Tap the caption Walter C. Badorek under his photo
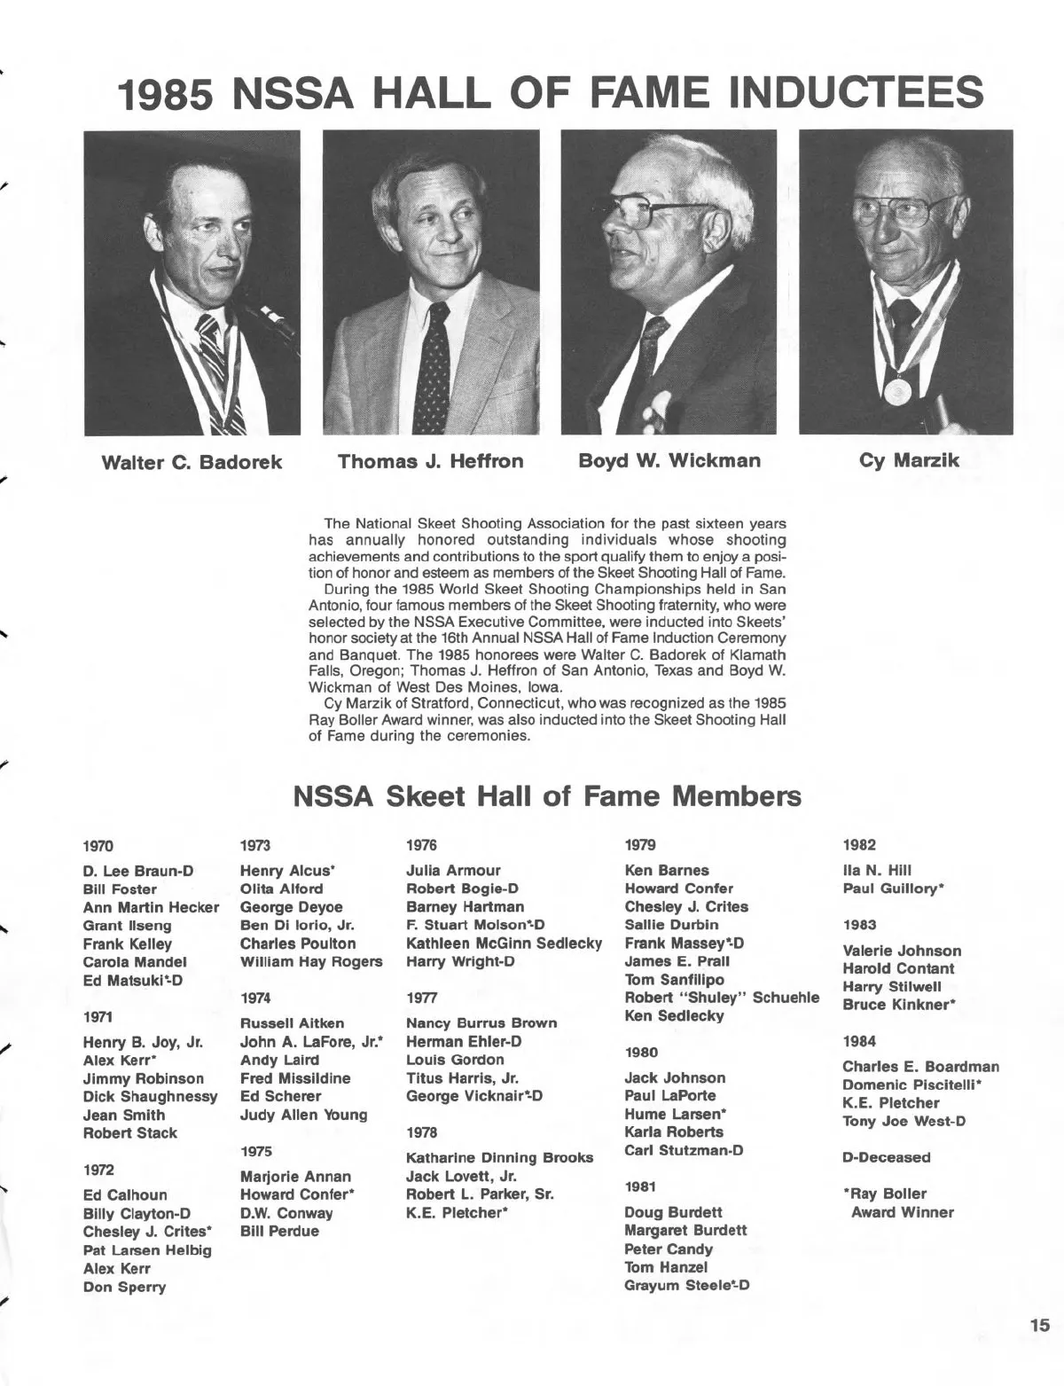click(192, 462)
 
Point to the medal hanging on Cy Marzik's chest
click(896, 391)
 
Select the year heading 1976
click(421, 845)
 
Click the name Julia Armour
click(453, 871)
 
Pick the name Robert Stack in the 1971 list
click(130, 1133)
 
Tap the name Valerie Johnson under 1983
click(902, 951)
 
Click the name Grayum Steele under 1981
click(687, 1286)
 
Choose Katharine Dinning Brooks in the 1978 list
click(499, 1158)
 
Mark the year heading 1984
click(859, 1041)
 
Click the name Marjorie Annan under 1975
click(295, 1177)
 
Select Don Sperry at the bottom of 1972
click(124, 1287)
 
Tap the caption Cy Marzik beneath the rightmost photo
click(909, 461)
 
